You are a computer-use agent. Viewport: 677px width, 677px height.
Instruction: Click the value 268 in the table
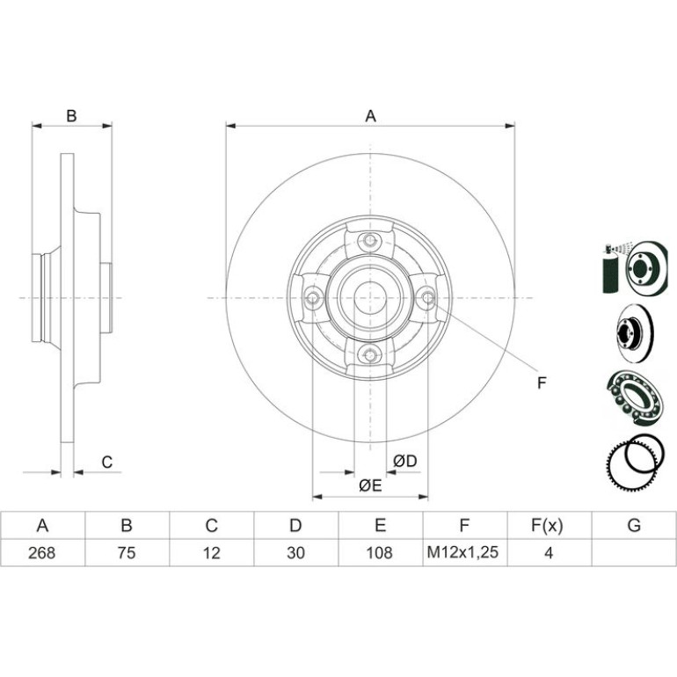[x=42, y=553]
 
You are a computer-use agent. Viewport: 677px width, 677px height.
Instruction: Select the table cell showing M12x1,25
[x=462, y=552]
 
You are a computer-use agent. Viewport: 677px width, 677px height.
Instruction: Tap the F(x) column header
[x=548, y=526]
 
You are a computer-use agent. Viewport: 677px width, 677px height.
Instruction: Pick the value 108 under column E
[x=380, y=553]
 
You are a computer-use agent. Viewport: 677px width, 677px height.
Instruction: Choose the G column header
[x=634, y=526]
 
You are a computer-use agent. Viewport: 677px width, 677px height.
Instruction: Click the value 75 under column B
[x=127, y=553]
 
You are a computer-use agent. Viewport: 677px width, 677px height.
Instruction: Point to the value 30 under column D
[x=295, y=553]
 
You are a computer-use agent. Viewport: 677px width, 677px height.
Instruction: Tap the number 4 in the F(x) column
[x=549, y=553]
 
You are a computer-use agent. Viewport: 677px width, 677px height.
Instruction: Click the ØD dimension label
[x=405, y=461]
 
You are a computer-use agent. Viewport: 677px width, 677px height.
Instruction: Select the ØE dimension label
[x=370, y=485]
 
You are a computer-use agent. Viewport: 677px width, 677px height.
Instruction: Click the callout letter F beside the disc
[x=542, y=382]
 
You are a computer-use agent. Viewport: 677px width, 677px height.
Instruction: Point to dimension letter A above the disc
[x=371, y=116]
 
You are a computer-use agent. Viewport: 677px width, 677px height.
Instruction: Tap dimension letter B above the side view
[x=71, y=116]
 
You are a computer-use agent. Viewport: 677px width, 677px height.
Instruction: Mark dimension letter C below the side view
[x=106, y=462]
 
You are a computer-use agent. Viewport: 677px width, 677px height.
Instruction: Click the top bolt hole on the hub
[x=369, y=241]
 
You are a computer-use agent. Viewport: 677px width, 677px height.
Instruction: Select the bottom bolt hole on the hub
[x=369, y=355]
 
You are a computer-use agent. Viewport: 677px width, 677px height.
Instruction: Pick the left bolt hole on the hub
[x=312, y=297]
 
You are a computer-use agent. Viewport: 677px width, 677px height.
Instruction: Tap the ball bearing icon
[x=634, y=397]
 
